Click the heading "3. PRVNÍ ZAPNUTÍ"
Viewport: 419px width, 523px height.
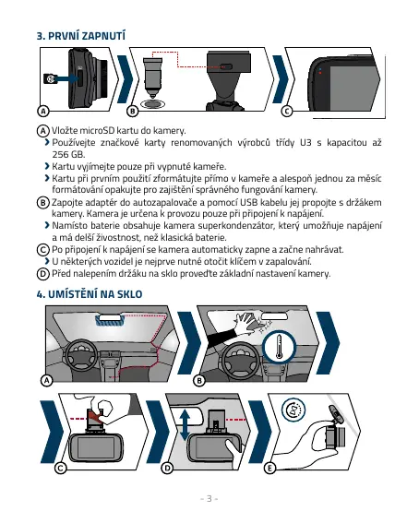81,36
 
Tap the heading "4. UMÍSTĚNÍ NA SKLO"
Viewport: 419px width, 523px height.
90,294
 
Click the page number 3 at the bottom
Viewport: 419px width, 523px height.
209,499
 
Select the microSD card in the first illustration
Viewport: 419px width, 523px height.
51,78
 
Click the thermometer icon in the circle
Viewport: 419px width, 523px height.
280,347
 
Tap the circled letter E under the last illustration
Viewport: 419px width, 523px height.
269,469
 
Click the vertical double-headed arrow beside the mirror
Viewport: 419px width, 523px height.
185,425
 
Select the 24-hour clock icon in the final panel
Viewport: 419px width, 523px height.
293,410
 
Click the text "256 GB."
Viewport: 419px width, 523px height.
68,154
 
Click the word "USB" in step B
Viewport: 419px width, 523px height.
249,202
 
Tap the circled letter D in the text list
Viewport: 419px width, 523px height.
42,274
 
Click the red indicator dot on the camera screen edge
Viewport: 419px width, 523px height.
320,73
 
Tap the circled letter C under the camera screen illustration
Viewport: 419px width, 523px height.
286,111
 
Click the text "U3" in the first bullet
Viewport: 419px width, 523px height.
305,143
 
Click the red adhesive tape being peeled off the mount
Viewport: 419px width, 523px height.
95,417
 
